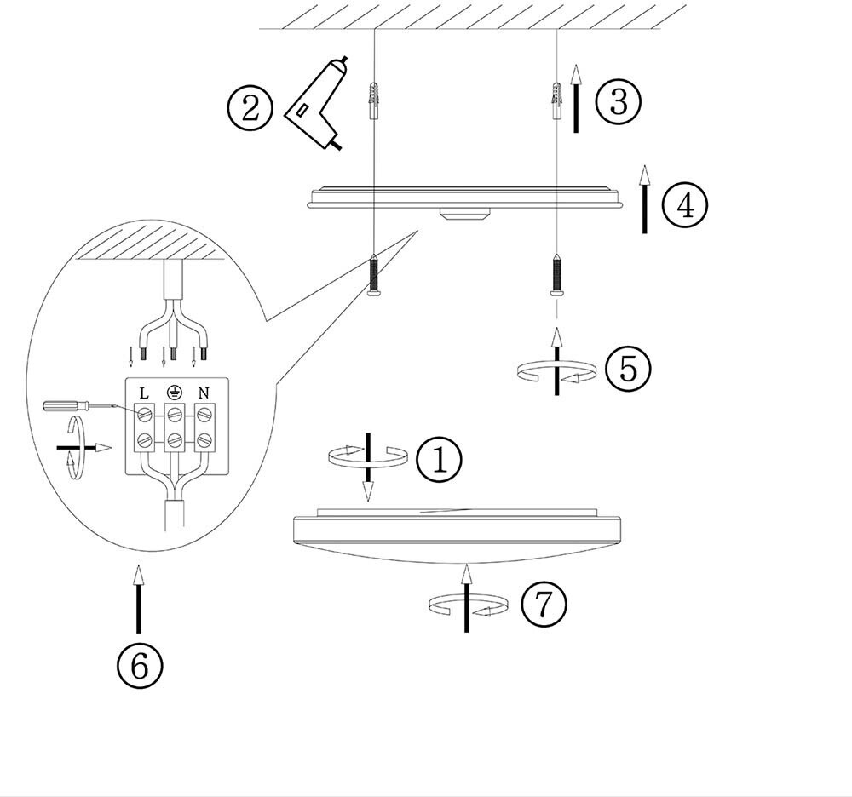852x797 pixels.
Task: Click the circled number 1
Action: tap(439, 460)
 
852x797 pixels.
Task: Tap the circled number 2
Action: tap(250, 109)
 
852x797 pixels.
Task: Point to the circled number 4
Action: tap(684, 204)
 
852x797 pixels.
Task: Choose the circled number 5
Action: tap(628, 369)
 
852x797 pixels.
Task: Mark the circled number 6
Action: tap(139, 665)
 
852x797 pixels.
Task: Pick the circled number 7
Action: tap(543, 605)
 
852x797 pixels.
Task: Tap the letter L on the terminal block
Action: tap(144, 393)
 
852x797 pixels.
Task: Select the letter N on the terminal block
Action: tap(204, 393)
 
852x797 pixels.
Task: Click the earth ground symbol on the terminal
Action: tap(174, 393)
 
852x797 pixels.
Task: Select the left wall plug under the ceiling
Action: tap(372, 101)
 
